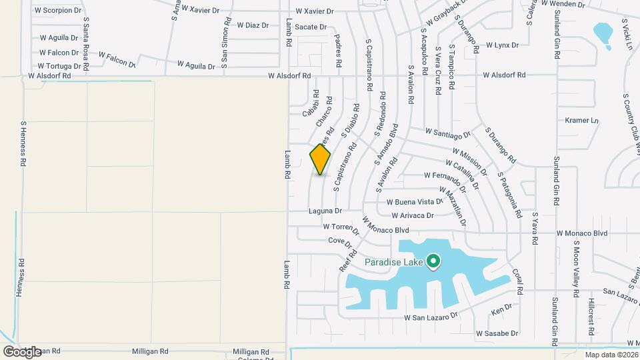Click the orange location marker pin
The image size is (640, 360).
click(x=320, y=159)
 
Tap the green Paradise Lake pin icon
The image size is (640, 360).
click(x=433, y=261)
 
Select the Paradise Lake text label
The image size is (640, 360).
click(x=394, y=262)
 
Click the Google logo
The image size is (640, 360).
click(x=22, y=351)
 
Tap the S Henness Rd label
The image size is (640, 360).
click(x=23, y=143)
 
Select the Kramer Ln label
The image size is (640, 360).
click(x=582, y=121)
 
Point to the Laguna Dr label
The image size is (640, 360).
click(x=325, y=211)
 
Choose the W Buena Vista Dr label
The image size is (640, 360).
click(x=415, y=201)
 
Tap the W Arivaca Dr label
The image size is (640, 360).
click(x=413, y=215)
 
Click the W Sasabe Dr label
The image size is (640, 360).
click(x=497, y=333)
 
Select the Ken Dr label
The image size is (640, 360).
click(x=501, y=310)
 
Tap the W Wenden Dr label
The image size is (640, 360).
click(x=563, y=4)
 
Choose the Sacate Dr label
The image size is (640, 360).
click(x=311, y=27)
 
